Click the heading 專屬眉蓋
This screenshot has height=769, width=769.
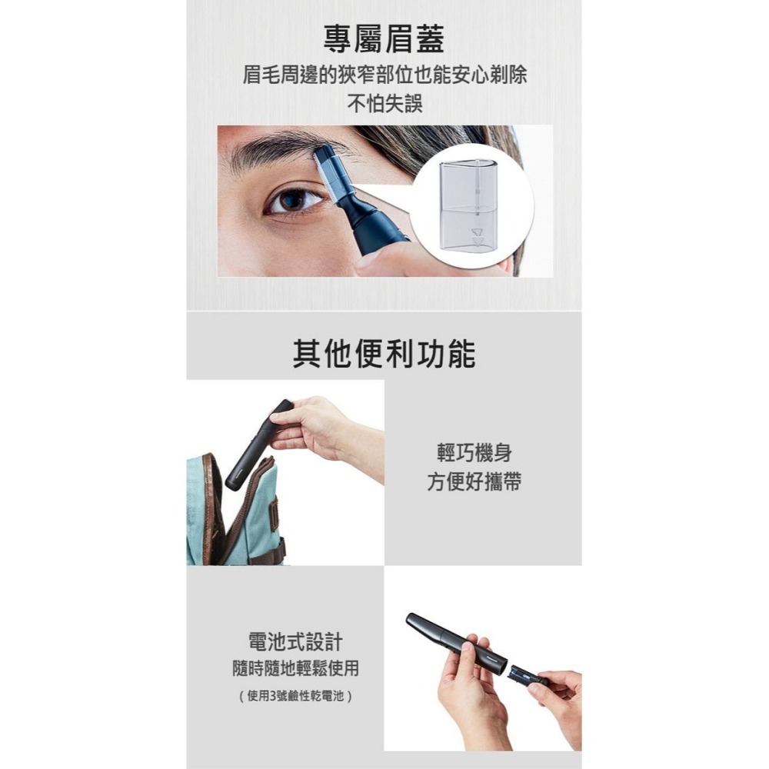tap(384, 39)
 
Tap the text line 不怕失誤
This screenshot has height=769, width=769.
tap(384, 103)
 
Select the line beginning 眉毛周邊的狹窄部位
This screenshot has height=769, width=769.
tap(384, 75)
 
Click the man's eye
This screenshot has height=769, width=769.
tap(295, 201)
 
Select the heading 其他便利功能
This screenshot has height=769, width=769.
tap(384, 353)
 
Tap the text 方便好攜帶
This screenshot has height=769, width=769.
tap(474, 482)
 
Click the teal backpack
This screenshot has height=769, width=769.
tap(231, 515)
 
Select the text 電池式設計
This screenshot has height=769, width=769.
tap(295, 641)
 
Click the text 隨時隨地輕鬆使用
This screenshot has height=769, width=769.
tap(295, 668)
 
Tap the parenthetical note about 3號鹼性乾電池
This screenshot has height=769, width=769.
tap(295, 697)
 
